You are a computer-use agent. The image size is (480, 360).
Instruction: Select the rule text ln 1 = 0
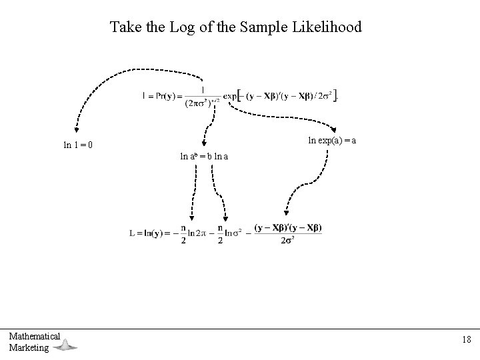pyautogui.click(x=78, y=144)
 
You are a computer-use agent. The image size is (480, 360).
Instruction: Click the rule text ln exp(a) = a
pyautogui.click(x=331, y=140)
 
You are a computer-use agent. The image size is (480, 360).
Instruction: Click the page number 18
pyautogui.click(x=465, y=340)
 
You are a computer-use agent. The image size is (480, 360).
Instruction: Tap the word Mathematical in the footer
pyautogui.click(x=35, y=337)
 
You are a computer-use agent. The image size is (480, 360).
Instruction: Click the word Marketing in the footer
pyautogui.click(x=29, y=347)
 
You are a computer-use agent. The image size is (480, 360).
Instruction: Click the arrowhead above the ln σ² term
pyautogui.click(x=225, y=217)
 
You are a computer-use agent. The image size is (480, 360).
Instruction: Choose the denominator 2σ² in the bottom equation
pyautogui.click(x=288, y=240)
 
